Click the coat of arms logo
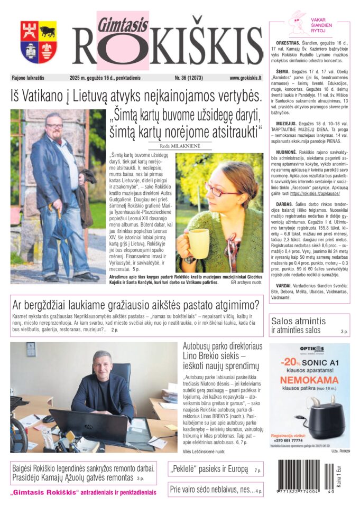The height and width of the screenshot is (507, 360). (39, 42)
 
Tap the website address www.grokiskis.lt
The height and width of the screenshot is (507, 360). (245, 78)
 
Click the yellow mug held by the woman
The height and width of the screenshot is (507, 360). (198, 243)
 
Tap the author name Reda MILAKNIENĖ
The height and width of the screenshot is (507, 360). (179, 145)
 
